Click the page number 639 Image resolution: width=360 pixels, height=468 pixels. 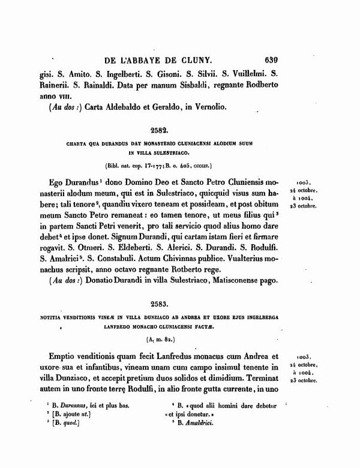tap(272, 60)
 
